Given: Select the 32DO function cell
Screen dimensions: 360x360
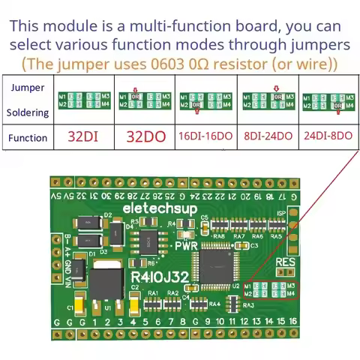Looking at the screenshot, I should tap(144, 138).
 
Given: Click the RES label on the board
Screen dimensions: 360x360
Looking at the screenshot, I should tap(286, 262).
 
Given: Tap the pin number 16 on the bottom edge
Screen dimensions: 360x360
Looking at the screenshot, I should tap(293, 321).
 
